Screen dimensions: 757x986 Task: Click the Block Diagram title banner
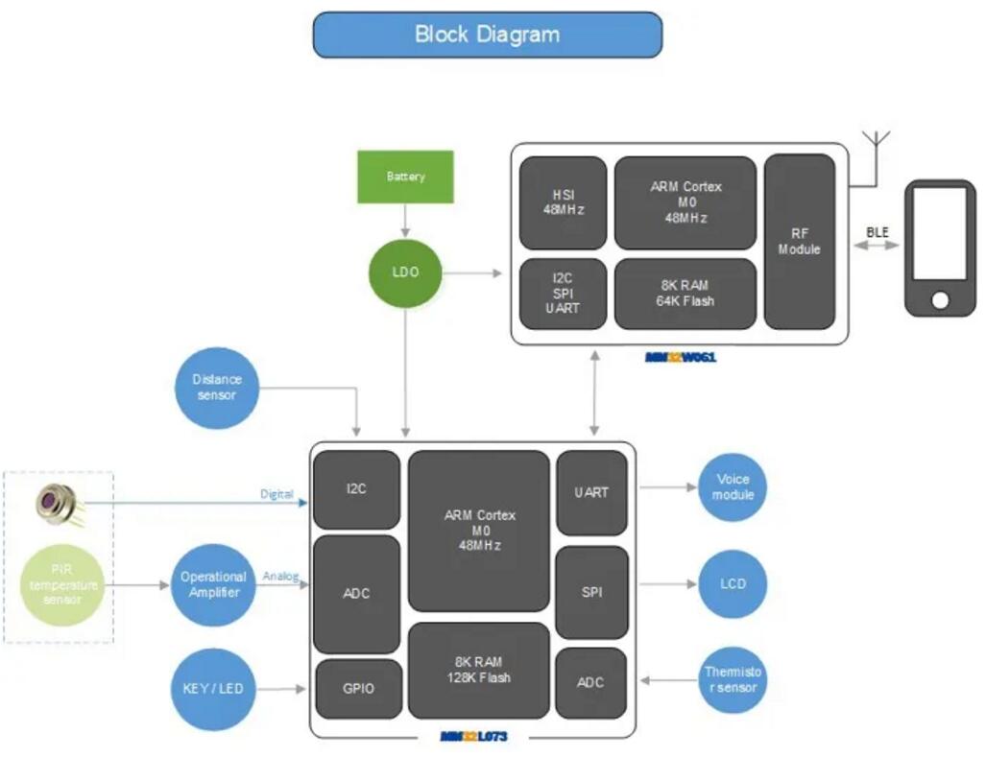pos(487,35)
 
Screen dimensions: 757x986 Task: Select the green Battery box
pos(405,177)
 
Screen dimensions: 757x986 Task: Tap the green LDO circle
pos(405,272)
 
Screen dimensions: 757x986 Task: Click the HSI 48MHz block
pos(563,202)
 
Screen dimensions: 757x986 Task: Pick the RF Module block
pos(799,241)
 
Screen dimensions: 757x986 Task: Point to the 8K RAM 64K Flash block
pos(685,294)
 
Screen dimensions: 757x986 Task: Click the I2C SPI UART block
pos(563,294)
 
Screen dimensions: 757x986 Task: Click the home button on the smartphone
pos(940,300)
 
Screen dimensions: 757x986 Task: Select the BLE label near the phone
pos(877,232)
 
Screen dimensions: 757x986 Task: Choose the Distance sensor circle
pos(217,388)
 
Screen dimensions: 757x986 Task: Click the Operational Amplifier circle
pos(213,584)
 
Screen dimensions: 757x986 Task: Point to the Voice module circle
pos(733,486)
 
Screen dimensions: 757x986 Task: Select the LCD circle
pos(733,583)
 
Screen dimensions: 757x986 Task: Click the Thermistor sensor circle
pos(733,679)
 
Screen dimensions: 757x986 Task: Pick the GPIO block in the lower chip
pos(357,689)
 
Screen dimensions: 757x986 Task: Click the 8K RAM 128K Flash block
pos(479,670)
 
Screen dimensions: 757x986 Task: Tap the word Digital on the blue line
pos(277,495)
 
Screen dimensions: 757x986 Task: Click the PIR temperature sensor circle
pos(62,584)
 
